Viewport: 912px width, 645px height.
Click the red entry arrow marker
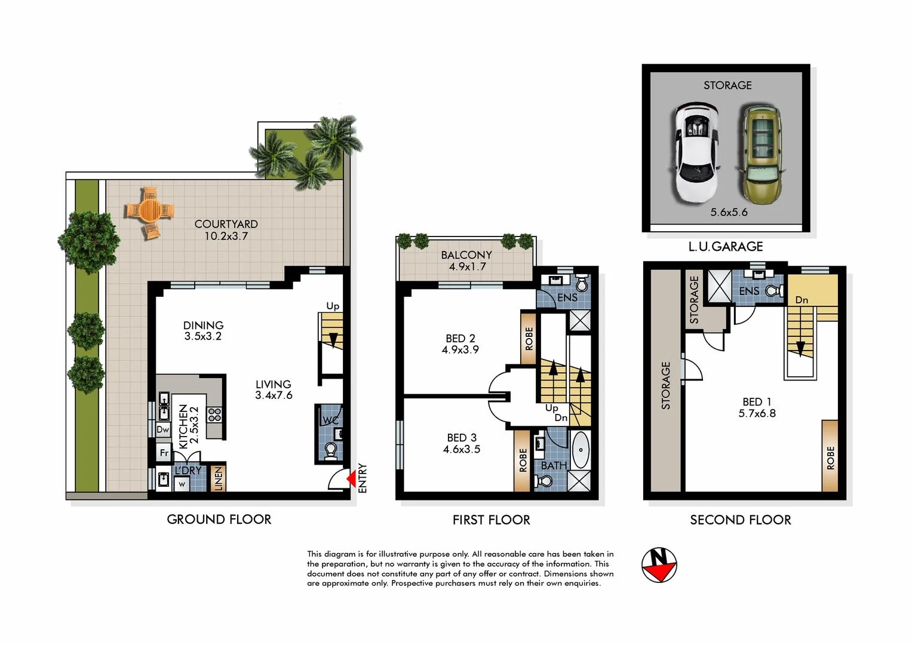[352, 478]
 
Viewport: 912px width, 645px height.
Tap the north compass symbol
[659, 564]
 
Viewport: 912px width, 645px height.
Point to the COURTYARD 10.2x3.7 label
[226, 230]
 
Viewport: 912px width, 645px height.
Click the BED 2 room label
[460, 344]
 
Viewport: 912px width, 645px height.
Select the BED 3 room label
[461, 444]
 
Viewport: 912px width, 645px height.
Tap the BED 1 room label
[757, 407]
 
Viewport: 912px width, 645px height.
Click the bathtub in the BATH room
[580, 450]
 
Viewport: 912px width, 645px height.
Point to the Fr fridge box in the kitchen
[164, 453]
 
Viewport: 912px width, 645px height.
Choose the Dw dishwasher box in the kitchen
[162, 429]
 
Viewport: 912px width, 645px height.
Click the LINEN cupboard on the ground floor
[218, 478]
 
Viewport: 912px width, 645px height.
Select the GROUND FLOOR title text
[219, 520]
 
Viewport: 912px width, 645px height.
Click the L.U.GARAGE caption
[726, 246]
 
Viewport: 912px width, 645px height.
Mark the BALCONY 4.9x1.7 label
[466, 261]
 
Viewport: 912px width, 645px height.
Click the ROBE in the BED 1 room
[830, 457]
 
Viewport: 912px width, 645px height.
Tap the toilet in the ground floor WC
[330, 450]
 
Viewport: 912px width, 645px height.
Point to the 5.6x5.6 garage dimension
[729, 212]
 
